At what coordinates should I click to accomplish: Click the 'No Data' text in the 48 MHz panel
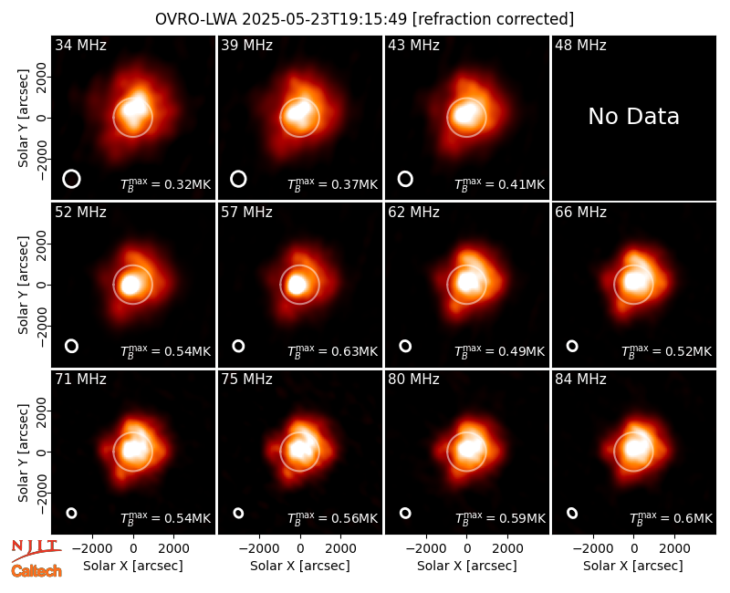633,117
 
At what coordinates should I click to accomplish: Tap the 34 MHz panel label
80,45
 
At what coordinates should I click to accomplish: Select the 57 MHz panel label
246,213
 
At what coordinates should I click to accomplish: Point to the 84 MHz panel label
580,380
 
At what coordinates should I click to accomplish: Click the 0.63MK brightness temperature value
354,352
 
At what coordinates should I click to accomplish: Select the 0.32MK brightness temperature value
188,185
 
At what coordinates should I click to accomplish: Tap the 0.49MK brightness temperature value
521,352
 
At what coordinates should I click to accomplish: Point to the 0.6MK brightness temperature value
693,518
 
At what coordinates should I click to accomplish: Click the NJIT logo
36,549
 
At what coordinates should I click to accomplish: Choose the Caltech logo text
36,571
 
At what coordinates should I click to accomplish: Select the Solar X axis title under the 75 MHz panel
300,566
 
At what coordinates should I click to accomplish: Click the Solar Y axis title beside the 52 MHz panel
23,285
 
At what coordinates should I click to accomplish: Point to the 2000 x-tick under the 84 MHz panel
674,549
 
